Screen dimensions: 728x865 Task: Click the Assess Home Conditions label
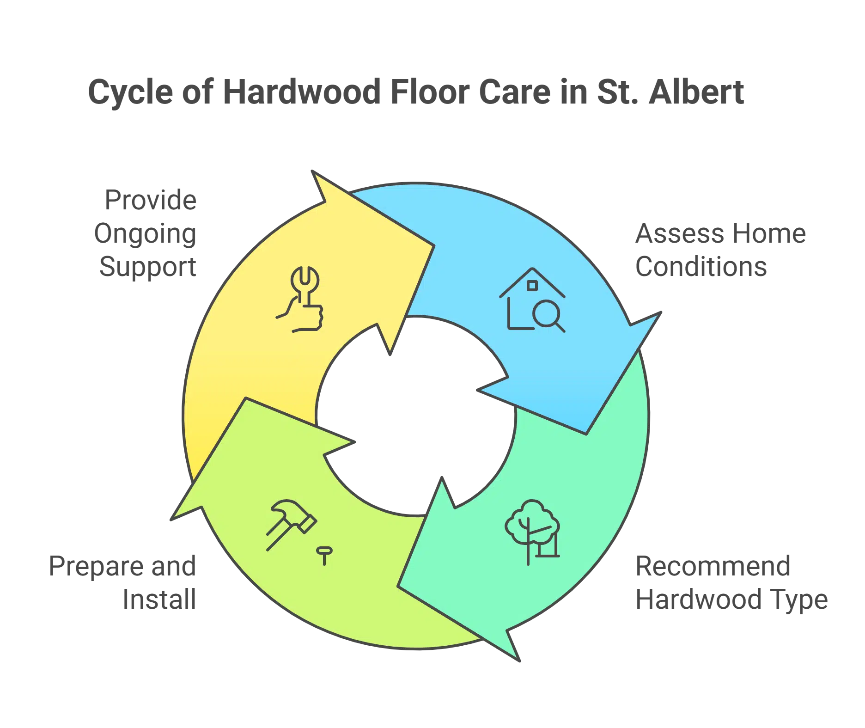(x=719, y=250)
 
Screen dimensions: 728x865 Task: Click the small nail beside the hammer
(x=324, y=555)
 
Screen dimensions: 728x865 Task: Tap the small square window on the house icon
(x=532, y=285)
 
